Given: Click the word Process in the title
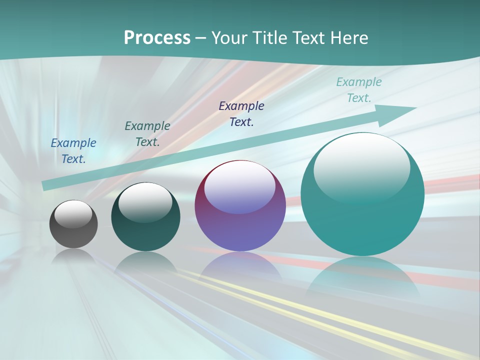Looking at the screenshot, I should pyautogui.click(x=157, y=38).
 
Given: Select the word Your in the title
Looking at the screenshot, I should pyautogui.click(x=230, y=38).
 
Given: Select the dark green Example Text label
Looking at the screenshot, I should pyautogui.click(x=147, y=134).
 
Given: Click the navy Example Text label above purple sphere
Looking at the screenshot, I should pyautogui.click(x=241, y=114).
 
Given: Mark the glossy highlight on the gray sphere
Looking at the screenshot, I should pyautogui.click(x=73, y=214).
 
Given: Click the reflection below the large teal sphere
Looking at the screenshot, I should pyautogui.click(x=362, y=277).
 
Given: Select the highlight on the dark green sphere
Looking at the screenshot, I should pyautogui.click(x=145, y=200).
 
